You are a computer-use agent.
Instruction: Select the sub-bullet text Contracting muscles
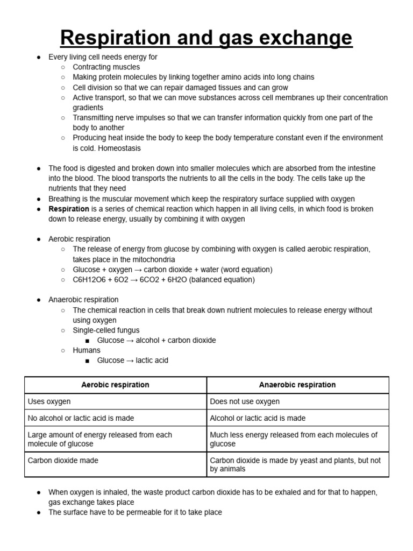pyautogui.click(x=106, y=67)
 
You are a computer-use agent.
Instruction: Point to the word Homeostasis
pyautogui.click(x=119, y=148)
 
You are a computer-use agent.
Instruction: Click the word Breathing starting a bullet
pyautogui.click(x=65, y=199)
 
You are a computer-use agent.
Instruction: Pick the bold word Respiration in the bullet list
pyautogui.click(x=69, y=209)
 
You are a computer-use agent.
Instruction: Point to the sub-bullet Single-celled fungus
pyautogui.click(x=106, y=330)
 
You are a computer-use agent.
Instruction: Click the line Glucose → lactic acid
pyautogui.click(x=132, y=361)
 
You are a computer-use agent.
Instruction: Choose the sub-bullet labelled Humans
pyautogui.click(x=87, y=350)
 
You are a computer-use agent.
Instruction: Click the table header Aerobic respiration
pyautogui.click(x=115, y=385)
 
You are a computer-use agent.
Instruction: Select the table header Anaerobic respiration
pyautogui.click(x=297, y=385)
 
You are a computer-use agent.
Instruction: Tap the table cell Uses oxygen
pyautogui.click(x=49, y=401)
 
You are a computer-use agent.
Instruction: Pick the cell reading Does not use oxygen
pyautogui.click(x=245, y=401)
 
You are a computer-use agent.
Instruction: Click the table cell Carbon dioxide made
pyautogui.click(x=63, y=461)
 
